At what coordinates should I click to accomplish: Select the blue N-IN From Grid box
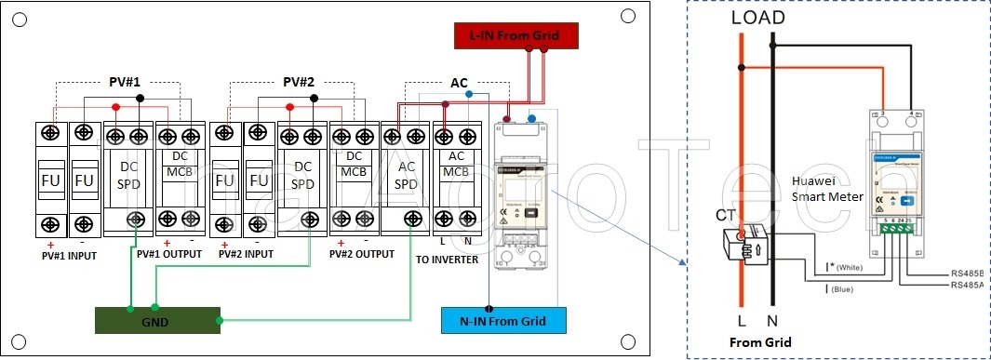(505, 321)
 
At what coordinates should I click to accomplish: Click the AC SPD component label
(406, 177)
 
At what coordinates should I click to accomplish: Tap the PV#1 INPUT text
(69, 253)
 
